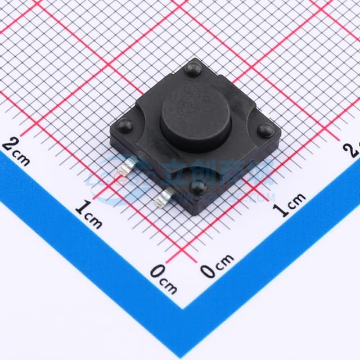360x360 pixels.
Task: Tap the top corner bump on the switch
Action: [x=193, y=69]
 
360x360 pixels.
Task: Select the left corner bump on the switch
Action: [x=126, y=126]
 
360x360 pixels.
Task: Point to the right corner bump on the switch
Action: [x=265, y=130]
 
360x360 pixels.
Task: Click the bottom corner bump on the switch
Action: [x=199, y=187]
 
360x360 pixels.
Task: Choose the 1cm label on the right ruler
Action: [x=289, y=204]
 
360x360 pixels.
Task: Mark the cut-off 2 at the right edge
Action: [x=354, y=148]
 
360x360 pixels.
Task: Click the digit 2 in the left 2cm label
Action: [x=10, y=144]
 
